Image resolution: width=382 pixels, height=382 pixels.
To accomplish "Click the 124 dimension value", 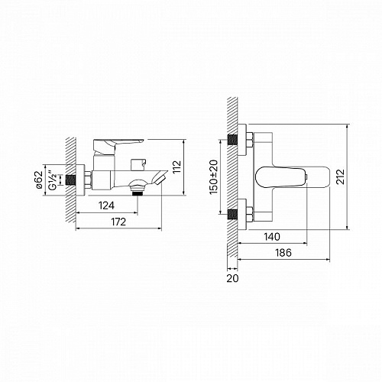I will (x=106, y=204).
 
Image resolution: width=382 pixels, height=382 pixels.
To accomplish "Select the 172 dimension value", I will (x=118, y=222).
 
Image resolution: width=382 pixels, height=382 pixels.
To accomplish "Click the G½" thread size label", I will (x=52, y=181).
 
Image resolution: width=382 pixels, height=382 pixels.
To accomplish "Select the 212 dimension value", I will (x=357, y=176).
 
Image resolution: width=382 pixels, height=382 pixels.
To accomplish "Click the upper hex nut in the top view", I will (x=250, y=141).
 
